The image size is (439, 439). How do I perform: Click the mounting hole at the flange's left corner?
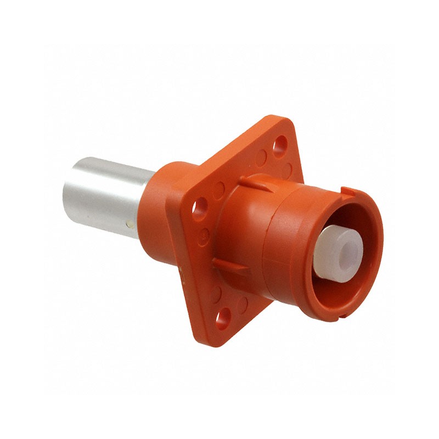pyautogui.click(x=198, y=209)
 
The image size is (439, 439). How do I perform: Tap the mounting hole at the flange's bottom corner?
pyautogui.click(x=224, y=317)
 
